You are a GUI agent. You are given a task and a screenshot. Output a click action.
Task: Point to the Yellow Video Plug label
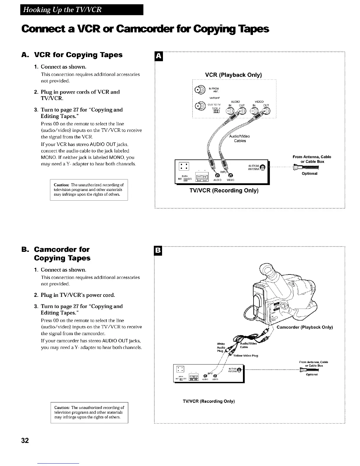[246, 355]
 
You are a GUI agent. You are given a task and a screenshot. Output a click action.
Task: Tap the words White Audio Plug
[221, 347]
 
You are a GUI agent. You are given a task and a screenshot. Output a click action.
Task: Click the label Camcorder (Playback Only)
[305, 327]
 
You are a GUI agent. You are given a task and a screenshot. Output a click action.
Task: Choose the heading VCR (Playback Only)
[233, 75]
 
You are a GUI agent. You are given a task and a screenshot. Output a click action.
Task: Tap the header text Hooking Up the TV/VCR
[62, 10]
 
